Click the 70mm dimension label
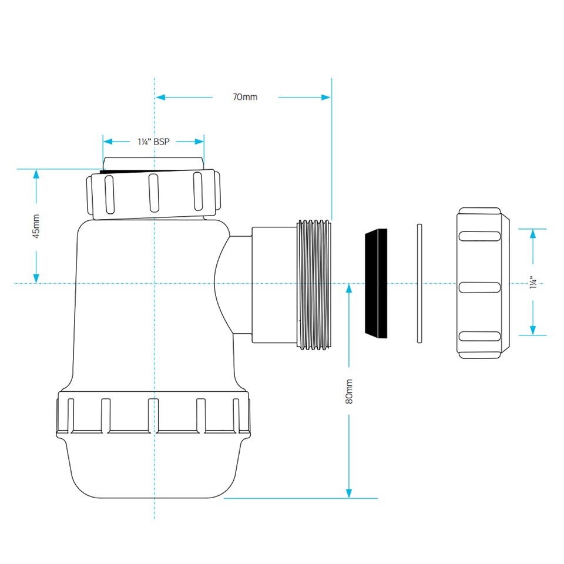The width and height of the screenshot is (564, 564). tap(245, 97)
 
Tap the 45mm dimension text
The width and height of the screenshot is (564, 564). tap(36, 226)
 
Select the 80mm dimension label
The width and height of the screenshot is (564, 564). tap(349, 391)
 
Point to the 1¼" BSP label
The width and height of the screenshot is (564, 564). tap(153, 142)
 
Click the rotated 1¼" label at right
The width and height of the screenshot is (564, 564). tap(533, 283)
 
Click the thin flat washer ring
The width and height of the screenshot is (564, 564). tap(419, 283)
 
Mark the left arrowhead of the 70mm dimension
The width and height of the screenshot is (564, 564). tap(160, 97)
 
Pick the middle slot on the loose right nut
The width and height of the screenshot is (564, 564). tap(479, 287)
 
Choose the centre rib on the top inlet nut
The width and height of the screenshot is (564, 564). tap(153, 192)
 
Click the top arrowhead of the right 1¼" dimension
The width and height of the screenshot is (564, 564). tap(533, 233)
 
